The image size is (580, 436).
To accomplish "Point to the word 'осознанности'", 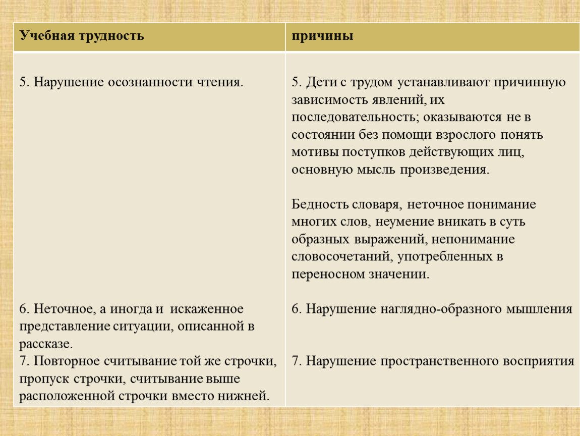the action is click(x=150, y=82).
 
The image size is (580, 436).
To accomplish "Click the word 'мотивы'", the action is click(x=315, y=152).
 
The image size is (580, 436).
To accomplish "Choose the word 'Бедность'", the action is click(x=319, y=204).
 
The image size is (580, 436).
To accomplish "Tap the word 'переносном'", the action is click(x=328, y=274).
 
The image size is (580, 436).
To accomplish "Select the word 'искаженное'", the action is click(x=207, y=309).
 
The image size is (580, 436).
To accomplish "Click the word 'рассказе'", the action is click(x=46, y=344).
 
